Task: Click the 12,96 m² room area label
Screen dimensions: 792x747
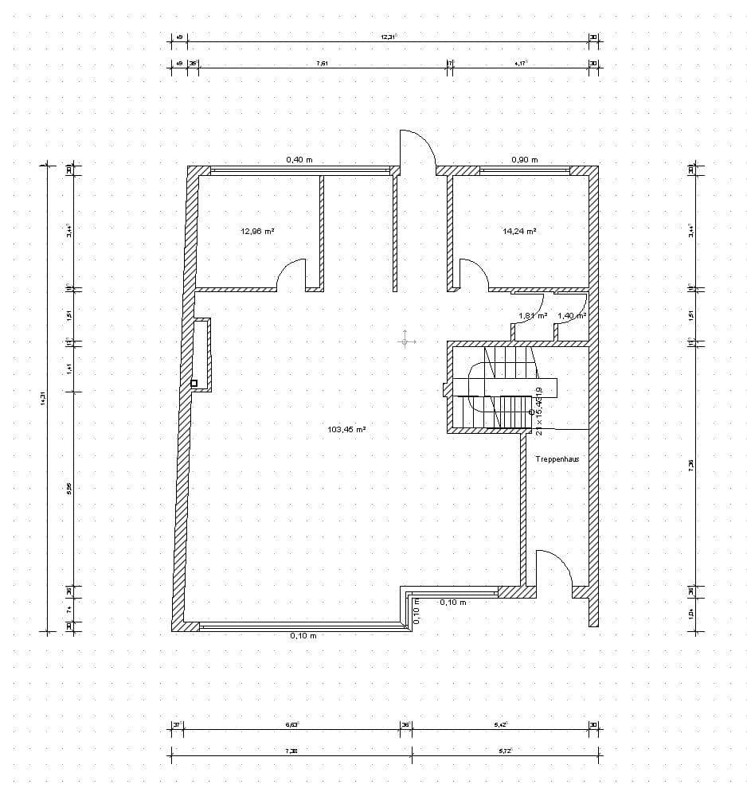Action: [x=257, y=231]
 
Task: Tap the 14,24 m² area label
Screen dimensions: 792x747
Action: [x=519, y=231]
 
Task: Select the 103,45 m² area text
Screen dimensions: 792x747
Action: [x=346, y=429]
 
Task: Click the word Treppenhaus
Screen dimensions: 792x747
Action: [x=557, y=460]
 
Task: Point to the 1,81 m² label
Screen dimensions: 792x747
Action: [x=533, y=316]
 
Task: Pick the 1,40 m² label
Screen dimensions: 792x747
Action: [x=571, y=316]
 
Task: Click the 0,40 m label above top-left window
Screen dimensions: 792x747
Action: [x=299, y=160]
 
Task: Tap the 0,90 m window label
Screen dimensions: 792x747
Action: [x=524, y=160]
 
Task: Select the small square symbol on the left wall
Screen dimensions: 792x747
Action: [x=194, y=383]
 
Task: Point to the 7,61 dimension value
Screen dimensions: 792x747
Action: [x=322, y=63]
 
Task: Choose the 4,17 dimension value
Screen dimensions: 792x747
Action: [x=521, y=63]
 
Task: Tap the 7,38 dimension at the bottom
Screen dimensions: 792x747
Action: [x=291, y=751]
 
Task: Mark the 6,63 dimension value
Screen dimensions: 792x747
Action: [x=291, y=724]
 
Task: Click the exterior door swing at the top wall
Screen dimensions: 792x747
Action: [x=417, y=147]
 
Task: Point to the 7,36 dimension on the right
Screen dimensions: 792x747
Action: [x=691, y=465]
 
